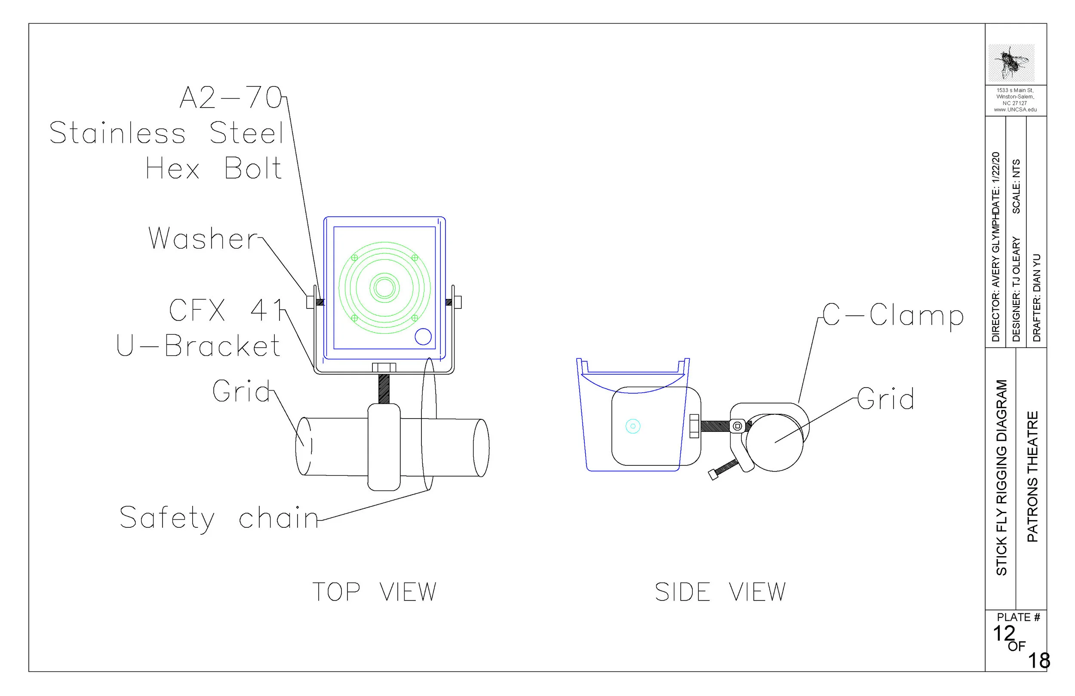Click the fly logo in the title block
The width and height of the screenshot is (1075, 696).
click(1011, 63)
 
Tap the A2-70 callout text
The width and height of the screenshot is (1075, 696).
click(231, 98)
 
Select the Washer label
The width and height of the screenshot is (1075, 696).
click(203, 239)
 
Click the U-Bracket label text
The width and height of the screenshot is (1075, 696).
click(198, 346)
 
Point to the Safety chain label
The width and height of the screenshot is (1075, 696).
click(219, 518)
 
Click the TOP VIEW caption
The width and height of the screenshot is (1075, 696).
click(375, 592)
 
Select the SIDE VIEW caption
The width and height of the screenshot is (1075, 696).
click(720, 592)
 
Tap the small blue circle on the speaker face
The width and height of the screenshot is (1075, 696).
click(423, 337)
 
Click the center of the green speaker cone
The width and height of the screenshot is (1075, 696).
click(384, 288)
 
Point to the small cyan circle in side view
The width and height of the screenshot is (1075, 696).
click(633, 426)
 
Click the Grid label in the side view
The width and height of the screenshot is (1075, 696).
click(886, 399)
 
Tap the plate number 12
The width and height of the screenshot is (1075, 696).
click(1004, 634)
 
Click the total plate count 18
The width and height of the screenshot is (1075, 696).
click(1039, 661)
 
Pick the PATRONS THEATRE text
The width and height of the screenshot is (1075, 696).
click(1032, 476)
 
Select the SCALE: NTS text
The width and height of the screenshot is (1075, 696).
click(1016, 186)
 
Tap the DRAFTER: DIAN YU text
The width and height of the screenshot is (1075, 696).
click(1037, 298)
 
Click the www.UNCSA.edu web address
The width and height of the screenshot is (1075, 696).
click(1015, 110)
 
